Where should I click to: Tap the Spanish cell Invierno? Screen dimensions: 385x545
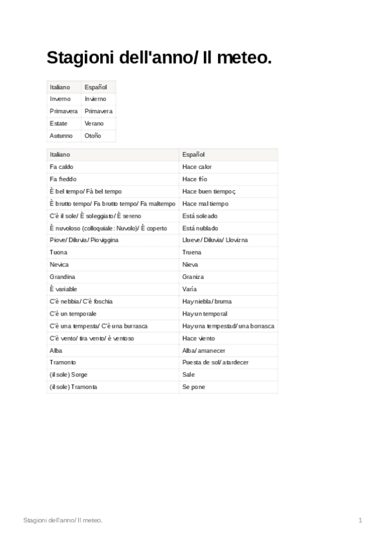pyautogui.click(x=95, y=99)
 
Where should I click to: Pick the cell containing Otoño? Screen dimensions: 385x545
pyautogui.click(x=93, y=136)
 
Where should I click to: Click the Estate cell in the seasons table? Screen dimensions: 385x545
pyautogui.click(x=58, y=123)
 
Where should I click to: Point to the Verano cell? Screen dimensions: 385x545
pyautogui.click(x=94, y=123)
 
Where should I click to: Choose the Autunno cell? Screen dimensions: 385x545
pyautogui.click(x=61, y=136)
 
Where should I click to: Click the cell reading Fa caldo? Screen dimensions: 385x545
pyautogui.click(x=61, y=166)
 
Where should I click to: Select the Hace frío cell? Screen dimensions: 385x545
pyautogui.click(x=195, y=179)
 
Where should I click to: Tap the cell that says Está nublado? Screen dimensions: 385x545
pyautogui.click(x=200, y=228)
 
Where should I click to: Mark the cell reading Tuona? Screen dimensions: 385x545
pyautogui.click(x=58, y=252)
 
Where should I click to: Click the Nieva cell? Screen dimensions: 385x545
pyautogui.click(x=190, y=264)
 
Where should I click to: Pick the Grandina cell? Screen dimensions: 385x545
pyautogui.click(x=62, y=276)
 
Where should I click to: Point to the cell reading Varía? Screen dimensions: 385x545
pyautogui.click(x=190, y=289)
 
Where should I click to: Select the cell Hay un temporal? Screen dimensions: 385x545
pyautogui.click(x=204, y=314)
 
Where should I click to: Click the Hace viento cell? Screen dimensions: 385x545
pyautogui.click(x=199, y=338)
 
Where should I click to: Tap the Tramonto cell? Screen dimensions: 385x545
pyautogui.click(x=63, y=362)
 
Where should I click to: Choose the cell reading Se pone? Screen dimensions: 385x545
pyautogui.click(x=193, y=387)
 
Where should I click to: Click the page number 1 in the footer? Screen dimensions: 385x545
pyautogui.click(x=361, y=519)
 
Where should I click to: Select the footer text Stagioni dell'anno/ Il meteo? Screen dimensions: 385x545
pyautogui.click(x=62, y=519)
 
